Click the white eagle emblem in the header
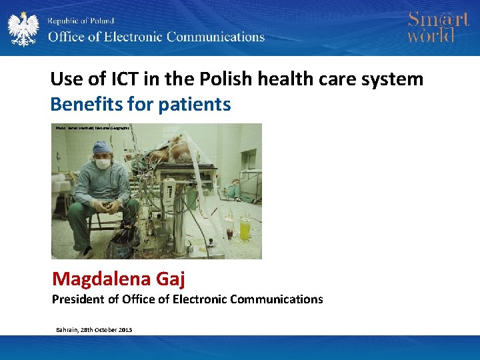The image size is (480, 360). pyautogui.click(x=23, y=28)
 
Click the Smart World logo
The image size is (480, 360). pyautogui.click(x=438, y=27)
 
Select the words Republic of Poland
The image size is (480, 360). pyautogui.click(x=81, y=21)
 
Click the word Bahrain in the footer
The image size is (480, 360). pyautogui.click(x=67, y=330)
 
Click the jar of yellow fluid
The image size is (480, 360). pyautogui.click(x=245, y=228)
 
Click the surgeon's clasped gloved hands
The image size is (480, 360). pyautogui.click(x=107, y=207)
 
